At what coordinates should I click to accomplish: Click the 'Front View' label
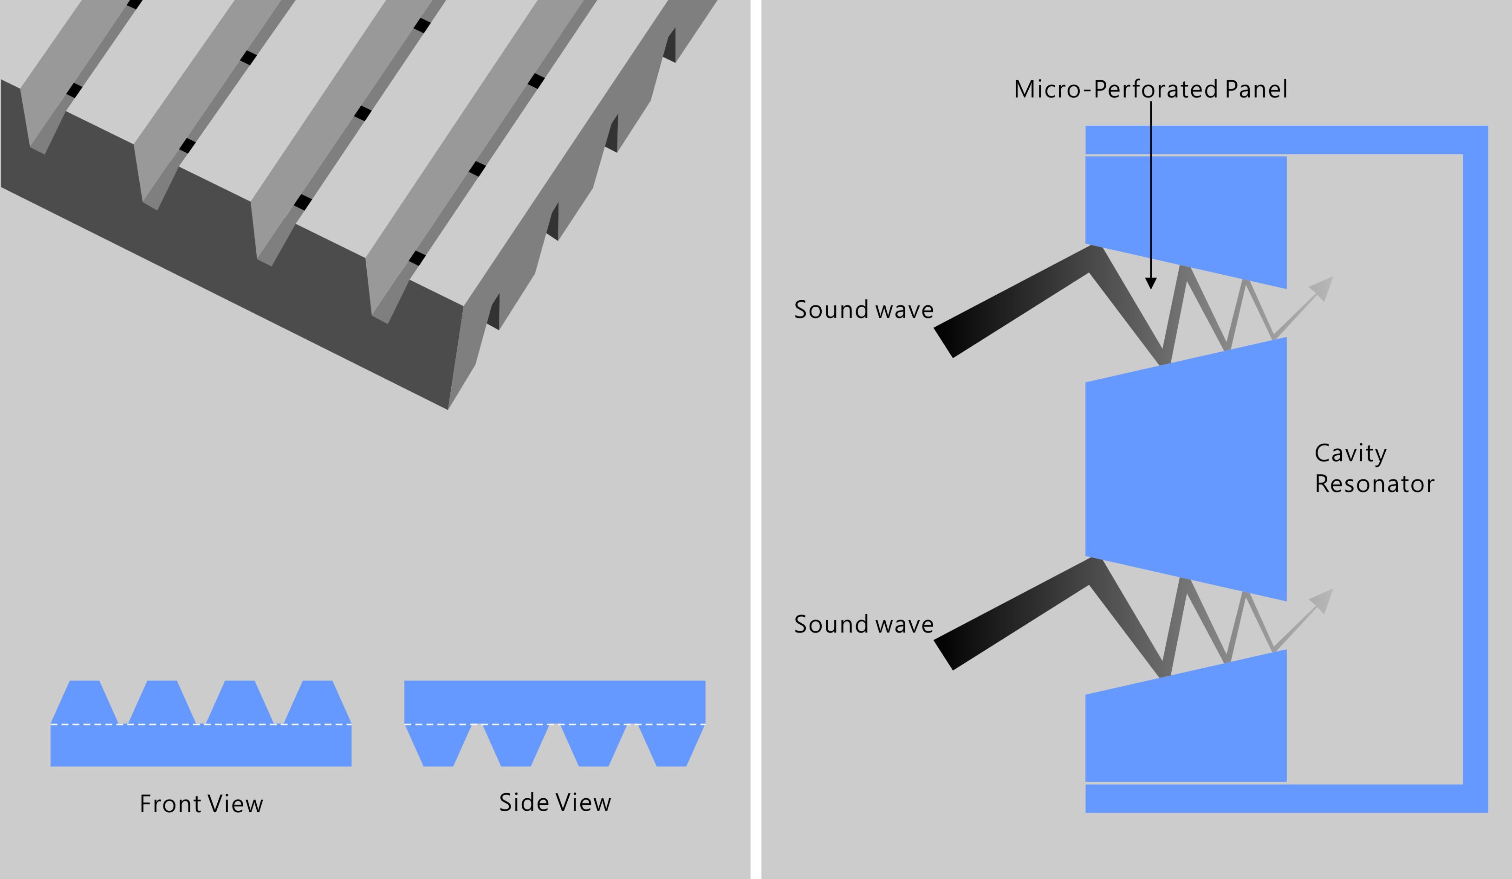pos(201,804)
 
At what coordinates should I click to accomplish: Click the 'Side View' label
pos(555,803)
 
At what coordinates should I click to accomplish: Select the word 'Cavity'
pos(1350,453)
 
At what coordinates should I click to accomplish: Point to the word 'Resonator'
pos(1374,484)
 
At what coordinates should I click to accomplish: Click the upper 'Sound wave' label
pos(863,310)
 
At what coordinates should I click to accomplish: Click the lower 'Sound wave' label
pos(863,624)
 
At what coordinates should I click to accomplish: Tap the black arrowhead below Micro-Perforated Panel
pos(1151,283)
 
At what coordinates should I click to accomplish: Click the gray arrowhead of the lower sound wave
pos(1323,600)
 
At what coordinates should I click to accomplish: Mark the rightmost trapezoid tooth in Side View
pos(671,746)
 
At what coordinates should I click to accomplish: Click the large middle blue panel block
pos(1185,468)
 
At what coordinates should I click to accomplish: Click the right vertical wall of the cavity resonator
pos(1475,468)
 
